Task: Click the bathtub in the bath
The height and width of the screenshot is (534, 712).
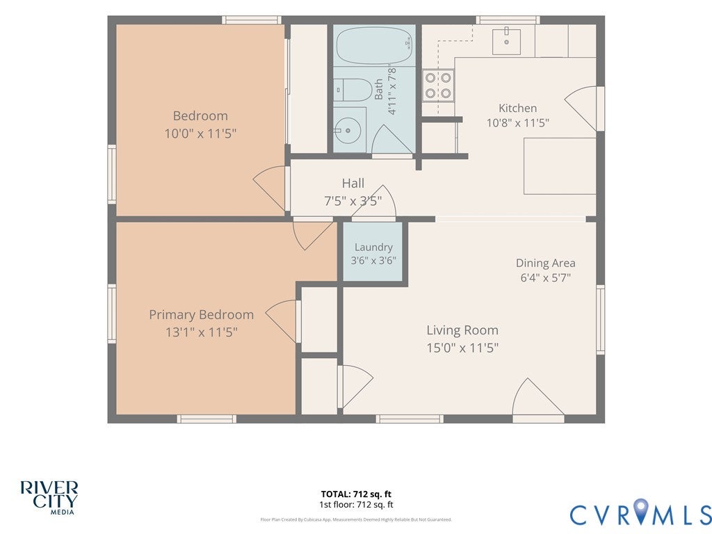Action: [375, 45]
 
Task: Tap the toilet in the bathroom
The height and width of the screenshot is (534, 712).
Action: [353, 90]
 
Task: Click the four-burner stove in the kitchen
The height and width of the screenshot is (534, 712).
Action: [438, 86]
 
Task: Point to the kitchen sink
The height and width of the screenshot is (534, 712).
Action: [506, 41]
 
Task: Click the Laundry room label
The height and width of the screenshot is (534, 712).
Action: [373, 247]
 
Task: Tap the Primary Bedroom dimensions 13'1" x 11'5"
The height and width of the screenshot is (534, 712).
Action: [201, 332]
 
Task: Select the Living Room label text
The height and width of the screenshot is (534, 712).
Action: [462, 330]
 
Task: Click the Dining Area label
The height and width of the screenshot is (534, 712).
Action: [545, 263]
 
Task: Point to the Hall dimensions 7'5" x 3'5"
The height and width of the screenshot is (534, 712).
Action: [353, 201]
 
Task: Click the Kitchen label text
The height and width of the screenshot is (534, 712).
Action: [517, 108]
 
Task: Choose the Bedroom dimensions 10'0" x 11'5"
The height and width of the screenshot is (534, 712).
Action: [200, 133]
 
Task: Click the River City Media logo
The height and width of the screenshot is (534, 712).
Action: [49, 498]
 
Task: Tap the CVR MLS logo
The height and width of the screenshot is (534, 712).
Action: [640, 512]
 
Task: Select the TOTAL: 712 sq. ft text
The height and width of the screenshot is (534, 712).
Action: [356, 494]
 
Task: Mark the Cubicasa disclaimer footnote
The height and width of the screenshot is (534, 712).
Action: [356, 519]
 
